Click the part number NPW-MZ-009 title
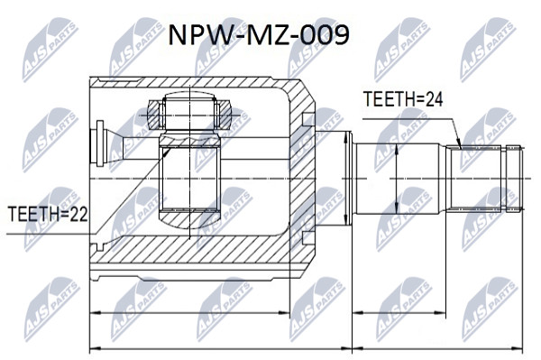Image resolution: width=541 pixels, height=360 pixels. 259,35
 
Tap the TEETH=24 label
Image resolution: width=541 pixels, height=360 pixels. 403,99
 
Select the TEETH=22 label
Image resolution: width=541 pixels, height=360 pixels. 48,214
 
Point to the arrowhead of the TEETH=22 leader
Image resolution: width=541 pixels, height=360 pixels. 166,152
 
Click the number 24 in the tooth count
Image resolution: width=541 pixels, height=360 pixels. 434,99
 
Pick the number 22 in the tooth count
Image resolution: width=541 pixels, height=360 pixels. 79,214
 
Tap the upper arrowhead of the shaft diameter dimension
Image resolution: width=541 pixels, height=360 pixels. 397,149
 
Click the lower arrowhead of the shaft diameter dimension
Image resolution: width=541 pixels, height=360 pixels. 397,209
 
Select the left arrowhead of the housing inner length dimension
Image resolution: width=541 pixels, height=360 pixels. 94,313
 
